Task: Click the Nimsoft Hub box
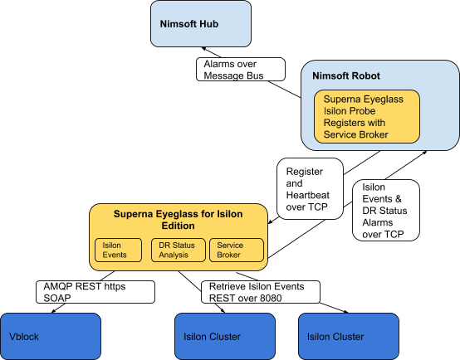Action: tap(201, 24)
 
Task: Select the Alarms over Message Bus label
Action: tap(241, 70)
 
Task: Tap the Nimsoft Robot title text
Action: tap(346, 76)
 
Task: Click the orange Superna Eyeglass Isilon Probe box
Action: tap(367, 117)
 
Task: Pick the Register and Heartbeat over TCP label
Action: tap(310, 189)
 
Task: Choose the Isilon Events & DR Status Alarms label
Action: tap(386, 211)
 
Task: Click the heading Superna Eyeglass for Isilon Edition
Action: tap(178, 220)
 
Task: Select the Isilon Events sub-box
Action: tap(118, 250)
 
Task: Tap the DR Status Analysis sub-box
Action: tap(178, 250)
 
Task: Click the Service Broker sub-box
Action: tap(237, 250)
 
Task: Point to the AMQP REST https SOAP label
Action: tap(95, 292)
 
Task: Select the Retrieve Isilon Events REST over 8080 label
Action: tap(261, 292)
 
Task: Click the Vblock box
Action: tap(51, 336)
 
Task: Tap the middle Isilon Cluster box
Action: tap(225, 336)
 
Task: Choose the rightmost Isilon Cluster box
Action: tap(349, 336)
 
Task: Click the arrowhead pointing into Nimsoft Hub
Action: tap(203, 49)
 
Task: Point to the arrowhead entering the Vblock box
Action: tap(54, 311)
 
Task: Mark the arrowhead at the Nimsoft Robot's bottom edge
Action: tap(424, 153)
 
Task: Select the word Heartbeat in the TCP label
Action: tap(307, 195)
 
